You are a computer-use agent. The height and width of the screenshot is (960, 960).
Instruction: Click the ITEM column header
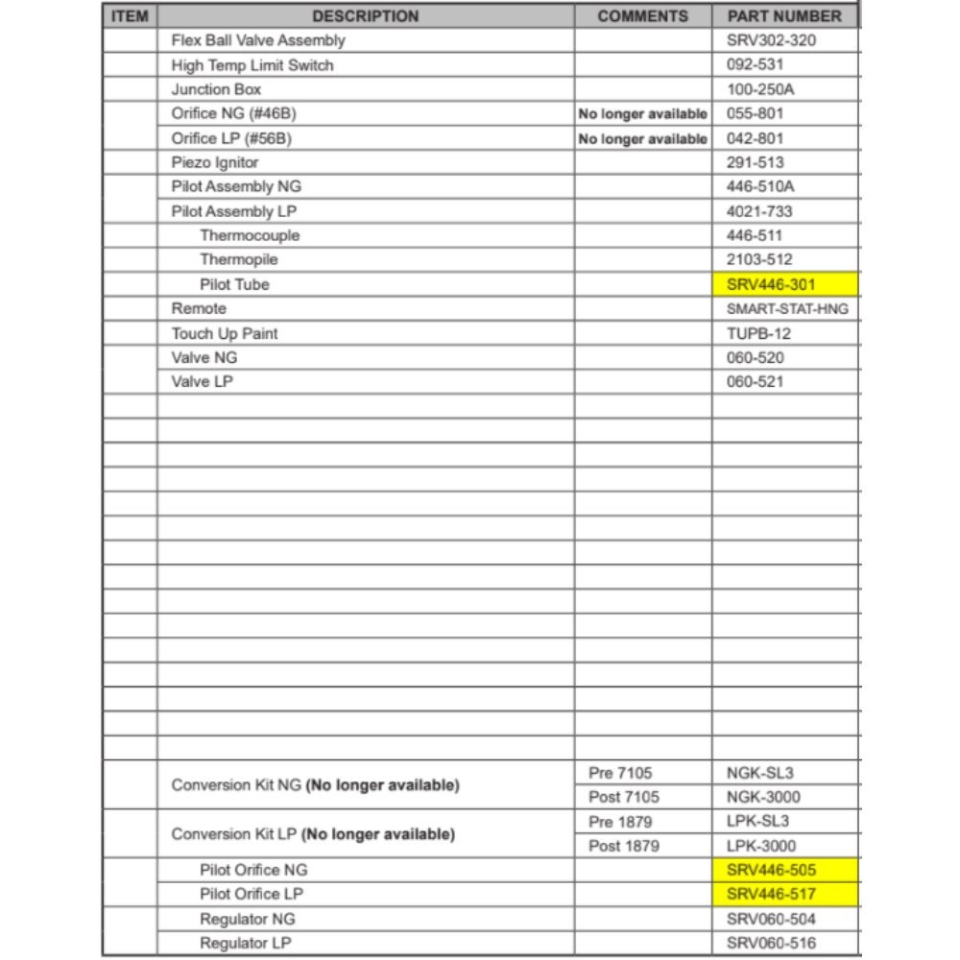pyautogui.click(x=130, y=16)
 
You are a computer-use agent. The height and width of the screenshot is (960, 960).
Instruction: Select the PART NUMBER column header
pyautogui.click(x=783, y=16)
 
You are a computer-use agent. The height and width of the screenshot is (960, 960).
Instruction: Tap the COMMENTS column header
pyautogui.click(x=642, y=16)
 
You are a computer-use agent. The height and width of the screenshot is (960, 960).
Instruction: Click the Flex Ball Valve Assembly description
pyautogui.click(x=257, y=40)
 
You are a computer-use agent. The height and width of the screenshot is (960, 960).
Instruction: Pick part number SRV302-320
pyautogui.click(x=771, y=40)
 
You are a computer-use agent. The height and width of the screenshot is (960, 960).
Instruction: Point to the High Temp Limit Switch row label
pyautogui.click(x=252, y=65)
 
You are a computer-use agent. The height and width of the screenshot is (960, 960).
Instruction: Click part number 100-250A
pyautogui.click(x=761, y=89)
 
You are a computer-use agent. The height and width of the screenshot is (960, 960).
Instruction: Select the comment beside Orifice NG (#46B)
pyautogui.click(x=642, y=114)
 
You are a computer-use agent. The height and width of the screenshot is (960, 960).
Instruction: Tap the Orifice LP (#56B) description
pyautogui.click(x=230, y=138)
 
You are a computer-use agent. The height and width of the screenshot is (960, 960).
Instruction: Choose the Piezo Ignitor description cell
pyautogui.click(x=215, y=162)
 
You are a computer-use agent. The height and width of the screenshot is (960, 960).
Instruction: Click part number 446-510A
pyautogui.click(x=761, y=187)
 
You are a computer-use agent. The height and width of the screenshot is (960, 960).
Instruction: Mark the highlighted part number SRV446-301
pyautogui.click(x=771, y=284)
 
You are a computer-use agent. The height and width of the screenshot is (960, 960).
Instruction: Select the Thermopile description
pyautogui.click(x=238, y=260)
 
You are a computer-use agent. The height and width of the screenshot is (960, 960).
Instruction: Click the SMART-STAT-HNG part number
pyautogui.click(x=787, y=309)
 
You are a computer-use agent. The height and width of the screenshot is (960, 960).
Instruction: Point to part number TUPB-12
pyautogui.click(x=757, y=333)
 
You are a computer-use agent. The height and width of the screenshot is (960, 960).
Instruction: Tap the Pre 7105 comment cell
pyautogui.click(x=620, y=773)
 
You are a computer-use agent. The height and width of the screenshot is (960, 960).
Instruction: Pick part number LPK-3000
pyautogui.click(x=761, y=846)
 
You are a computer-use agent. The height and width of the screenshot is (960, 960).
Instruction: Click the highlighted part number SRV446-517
pyautogui.click(x=771, y=895)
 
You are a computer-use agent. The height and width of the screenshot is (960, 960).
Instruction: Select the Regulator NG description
pyautogui.click(x=247, y=919)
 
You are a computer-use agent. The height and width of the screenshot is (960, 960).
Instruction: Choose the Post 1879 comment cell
pyautogui.click(x=624, y=846)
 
